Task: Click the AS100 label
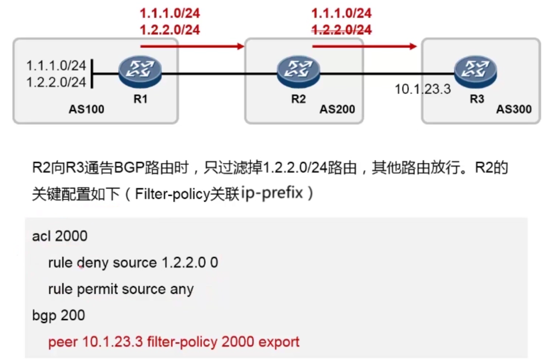pyautogui.click(x=86, y=109)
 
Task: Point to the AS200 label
pyautogui.click(x=337, y=109)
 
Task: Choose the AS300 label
pyautogui.click(x=514, y=109)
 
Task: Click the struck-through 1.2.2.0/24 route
pyautogui.click(x=342, y=30)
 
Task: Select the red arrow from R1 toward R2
pyautogui.click(x=192, y=46)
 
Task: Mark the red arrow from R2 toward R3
pyautogui.click(x=364, y=46)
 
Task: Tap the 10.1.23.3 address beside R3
pyautogui.click(x=423, y=90)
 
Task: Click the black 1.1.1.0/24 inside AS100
pyautogui.click(x=56, y=65)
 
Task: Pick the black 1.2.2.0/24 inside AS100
pyautogui.click(x=56, y=82)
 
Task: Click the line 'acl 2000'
pyautogui.click(x=59, y=236)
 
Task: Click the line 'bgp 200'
pyautogui.click(x=59, y=315)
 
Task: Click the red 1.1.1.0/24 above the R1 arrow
pyautogui.click(x=170, y=14)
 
